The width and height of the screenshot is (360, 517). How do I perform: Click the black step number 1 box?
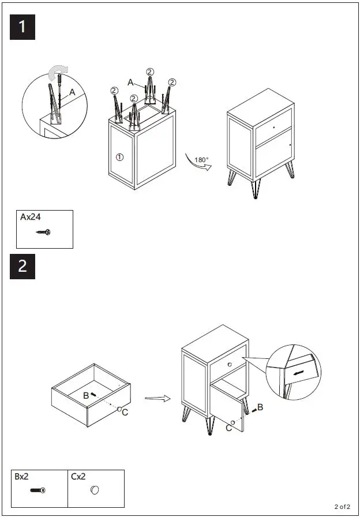(22, 27)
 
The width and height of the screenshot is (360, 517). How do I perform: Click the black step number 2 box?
(22, 266)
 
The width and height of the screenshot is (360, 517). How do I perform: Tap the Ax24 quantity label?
(32, 218)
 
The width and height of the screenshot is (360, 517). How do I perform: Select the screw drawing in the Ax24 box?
(43, 232)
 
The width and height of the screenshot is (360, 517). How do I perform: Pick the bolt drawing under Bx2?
(38, 490)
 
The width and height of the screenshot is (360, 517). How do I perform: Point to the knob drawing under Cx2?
(95, 490)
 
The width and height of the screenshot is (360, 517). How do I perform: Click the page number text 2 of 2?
(342, 507)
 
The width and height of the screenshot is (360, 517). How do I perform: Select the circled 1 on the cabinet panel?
(119, 156)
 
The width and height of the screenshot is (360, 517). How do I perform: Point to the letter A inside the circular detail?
(72, 92)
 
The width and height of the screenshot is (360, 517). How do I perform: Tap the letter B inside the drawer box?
(86, 395)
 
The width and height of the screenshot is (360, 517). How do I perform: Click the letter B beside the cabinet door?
(260, 407)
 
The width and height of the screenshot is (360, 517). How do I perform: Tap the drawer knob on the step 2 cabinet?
(229, 364)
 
